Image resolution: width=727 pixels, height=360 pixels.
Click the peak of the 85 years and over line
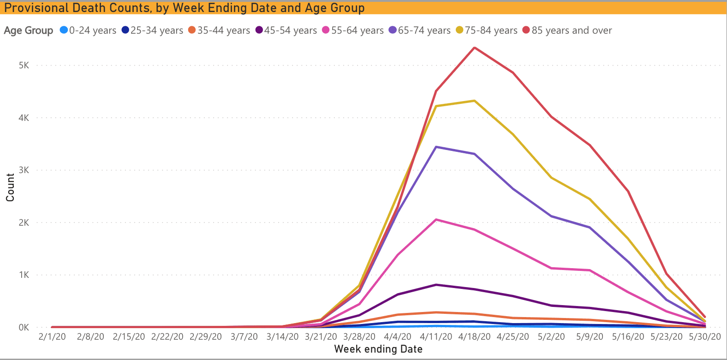(x=474, y=48)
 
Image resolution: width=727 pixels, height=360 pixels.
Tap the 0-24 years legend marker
(x=64, y=30)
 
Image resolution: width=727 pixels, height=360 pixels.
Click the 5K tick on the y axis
(x=24, y=66)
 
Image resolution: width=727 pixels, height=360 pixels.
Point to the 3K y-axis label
(x=24, y=170)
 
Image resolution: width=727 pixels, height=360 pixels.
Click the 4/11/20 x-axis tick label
(x=436, y=337)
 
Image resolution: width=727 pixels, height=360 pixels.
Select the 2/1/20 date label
(x=52, y=337)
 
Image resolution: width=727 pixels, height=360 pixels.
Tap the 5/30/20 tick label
(x=704, y=337)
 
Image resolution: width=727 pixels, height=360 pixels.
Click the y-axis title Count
(x=10, y=187)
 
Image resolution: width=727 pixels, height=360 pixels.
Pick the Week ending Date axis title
(x=378, y=349)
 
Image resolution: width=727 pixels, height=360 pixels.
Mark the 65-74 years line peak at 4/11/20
(x=436, y=147)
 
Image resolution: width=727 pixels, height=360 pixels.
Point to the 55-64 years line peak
(x=436, y=220)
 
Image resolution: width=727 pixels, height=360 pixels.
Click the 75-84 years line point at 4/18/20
(x=474, y=101)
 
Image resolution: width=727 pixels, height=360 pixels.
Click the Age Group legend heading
(x=29, y=30)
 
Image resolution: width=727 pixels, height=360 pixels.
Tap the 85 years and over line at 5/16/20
(x=628, y=191)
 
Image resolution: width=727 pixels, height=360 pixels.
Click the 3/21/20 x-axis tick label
(x=321, y=337)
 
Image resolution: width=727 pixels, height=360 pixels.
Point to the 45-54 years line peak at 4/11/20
(x=436, y=285)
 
